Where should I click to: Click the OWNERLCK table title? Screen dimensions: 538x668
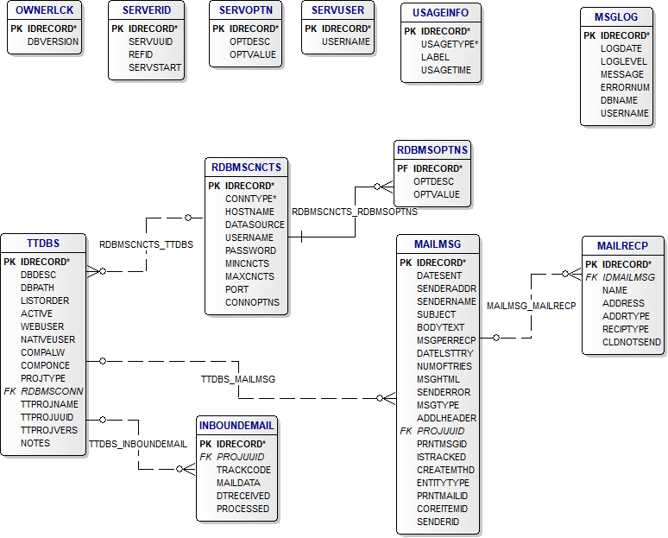45,10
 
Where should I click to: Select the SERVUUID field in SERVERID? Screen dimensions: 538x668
150,41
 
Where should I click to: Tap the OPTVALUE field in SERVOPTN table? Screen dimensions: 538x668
252,54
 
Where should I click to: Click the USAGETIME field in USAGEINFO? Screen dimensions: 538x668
445,70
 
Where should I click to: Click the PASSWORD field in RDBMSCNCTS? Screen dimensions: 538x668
250,250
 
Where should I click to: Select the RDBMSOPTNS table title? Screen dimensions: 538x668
433,150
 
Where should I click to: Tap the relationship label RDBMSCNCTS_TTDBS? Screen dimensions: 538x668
146,244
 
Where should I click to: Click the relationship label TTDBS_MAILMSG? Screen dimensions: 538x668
238,379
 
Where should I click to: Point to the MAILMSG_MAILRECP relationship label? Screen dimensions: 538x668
531,306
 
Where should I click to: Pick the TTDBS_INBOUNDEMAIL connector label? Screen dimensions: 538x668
137,444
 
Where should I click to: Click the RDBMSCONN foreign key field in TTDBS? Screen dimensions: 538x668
52,391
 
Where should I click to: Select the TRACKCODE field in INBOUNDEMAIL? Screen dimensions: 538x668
243,470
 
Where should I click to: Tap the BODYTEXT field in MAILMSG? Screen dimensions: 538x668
440,327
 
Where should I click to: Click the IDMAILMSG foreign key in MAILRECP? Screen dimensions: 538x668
628,277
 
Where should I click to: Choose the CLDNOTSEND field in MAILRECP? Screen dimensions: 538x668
632,342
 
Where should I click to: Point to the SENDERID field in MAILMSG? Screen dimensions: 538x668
438,522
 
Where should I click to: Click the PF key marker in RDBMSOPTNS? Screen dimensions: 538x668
402,168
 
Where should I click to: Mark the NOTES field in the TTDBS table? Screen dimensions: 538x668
35,443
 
